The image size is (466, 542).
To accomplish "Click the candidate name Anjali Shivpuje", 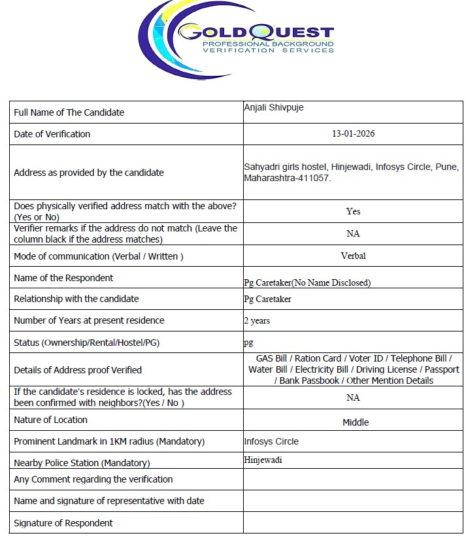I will click(273, 108).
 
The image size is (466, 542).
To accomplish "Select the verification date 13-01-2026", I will click(353, 134).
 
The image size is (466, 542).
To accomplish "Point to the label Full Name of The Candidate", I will click(69, 112).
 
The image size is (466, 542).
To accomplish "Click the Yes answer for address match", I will click(353, 211).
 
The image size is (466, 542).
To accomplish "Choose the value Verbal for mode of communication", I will click(353, 256).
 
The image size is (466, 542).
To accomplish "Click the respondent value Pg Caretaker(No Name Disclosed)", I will click(307, 282).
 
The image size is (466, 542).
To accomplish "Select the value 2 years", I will click(257, 320).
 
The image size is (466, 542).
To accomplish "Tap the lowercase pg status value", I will click(248, 343).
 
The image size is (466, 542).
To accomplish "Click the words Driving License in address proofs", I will click(386, 369).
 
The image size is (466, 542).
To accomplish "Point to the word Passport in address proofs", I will click(442, 369).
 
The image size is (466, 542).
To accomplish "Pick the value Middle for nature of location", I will click(356, 422).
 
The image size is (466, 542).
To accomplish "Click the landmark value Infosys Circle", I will click(271, 441).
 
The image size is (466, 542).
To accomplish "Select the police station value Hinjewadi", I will click(263, 460).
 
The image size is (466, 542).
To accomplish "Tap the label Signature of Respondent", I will click(63, 523).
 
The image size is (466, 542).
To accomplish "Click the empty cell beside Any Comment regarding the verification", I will click(353, 479).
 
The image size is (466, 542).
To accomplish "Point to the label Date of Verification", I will click(52, 134).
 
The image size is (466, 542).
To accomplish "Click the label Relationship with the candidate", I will click(76, 299).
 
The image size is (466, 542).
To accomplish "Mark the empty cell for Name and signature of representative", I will click(353, 501).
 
